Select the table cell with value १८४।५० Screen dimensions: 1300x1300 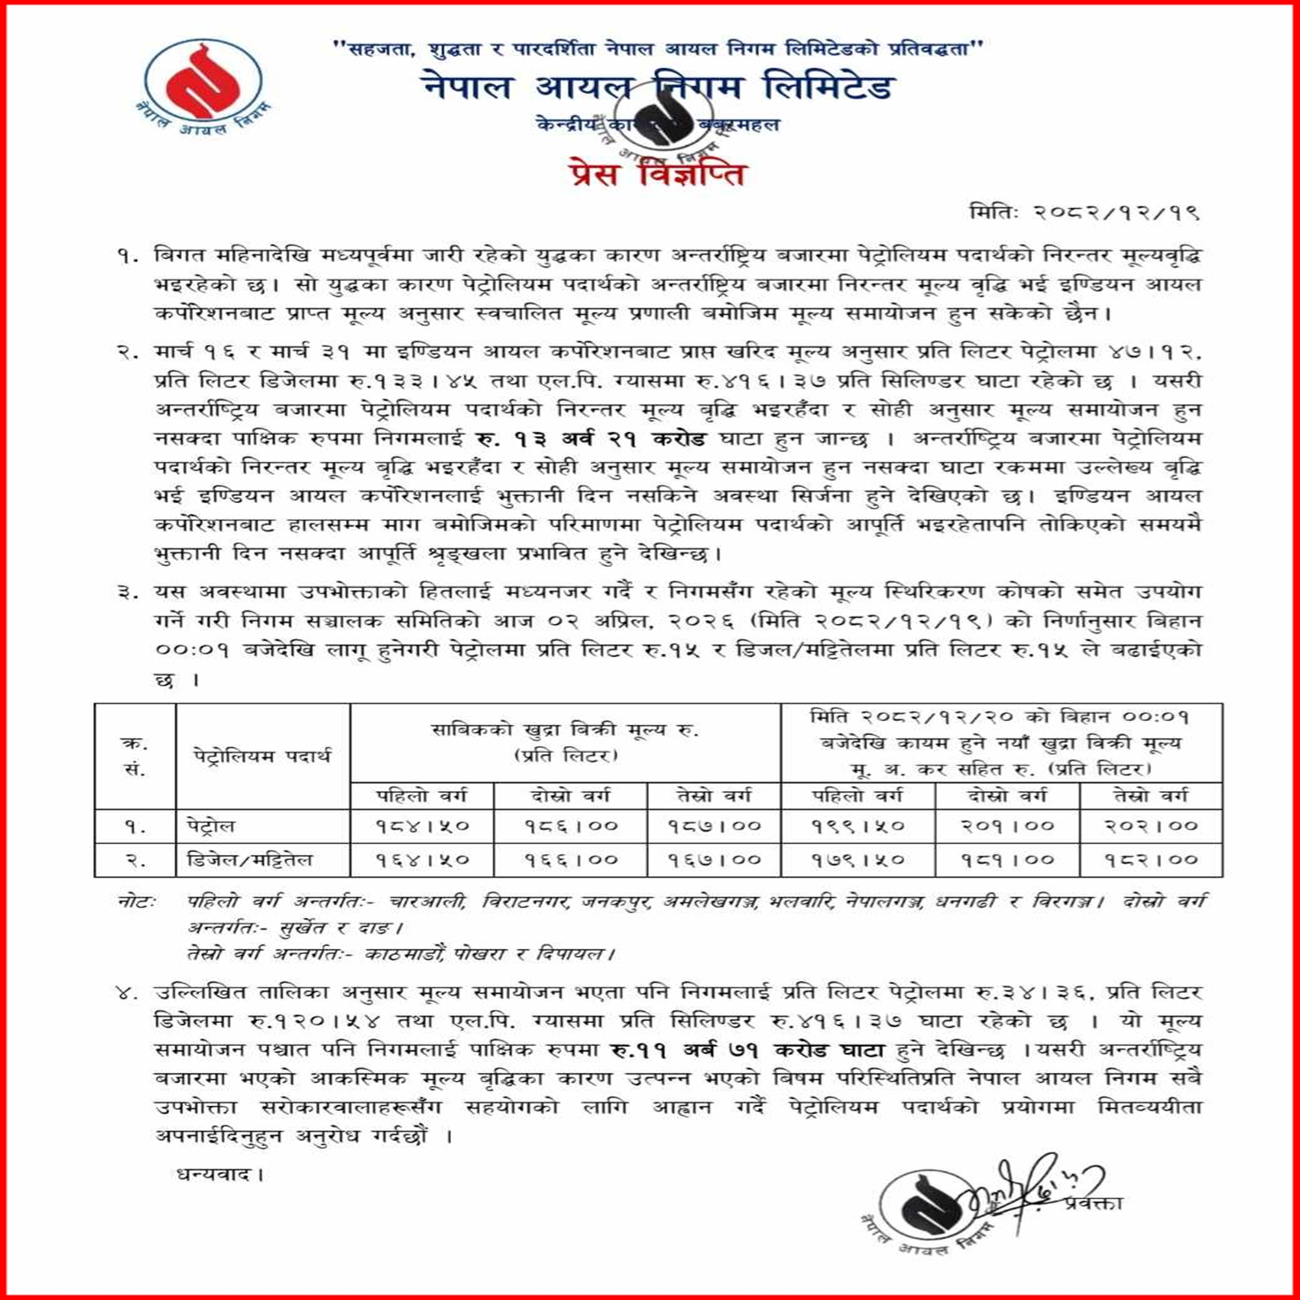[422, 825]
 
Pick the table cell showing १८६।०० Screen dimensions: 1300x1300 [571, 825]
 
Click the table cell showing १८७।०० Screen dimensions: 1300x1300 [714, 825]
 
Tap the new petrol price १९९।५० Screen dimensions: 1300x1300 [858, 825]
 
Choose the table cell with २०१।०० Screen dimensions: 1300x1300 [1007, 825]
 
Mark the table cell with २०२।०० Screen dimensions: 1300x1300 [1151, 825]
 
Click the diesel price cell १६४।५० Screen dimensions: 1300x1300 [422, 860]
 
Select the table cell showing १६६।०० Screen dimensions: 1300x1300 [571, 860]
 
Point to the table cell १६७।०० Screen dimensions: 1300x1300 [714, 860]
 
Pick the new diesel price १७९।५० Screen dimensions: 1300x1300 [858, 860]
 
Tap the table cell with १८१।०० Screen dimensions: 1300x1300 [1007, 860]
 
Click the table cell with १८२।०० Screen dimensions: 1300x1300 [1151, 860]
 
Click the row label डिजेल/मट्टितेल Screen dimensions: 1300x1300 [250, 860]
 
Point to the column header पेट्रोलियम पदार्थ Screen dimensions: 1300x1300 [263, 756]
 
